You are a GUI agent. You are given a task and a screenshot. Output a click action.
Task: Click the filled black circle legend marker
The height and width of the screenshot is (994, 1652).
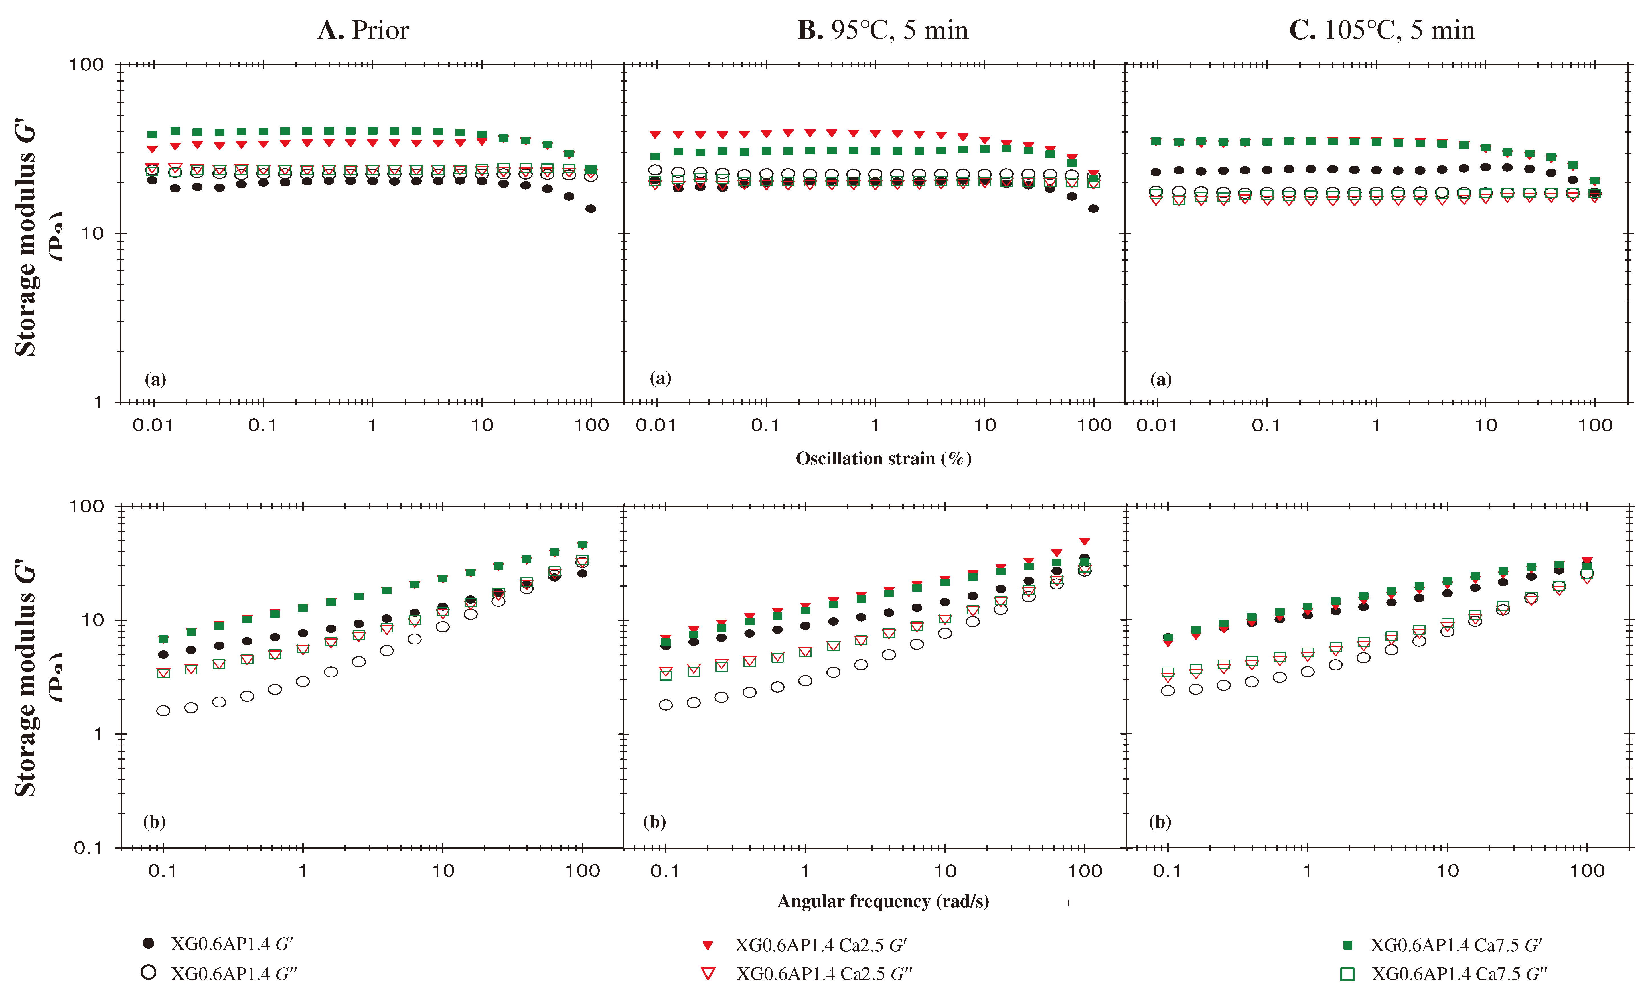click(149, 943)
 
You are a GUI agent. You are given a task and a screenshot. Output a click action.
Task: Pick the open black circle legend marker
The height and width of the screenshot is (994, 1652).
click(149, 972)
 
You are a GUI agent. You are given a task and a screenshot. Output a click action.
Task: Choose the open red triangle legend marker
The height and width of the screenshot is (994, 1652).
click(708, 973)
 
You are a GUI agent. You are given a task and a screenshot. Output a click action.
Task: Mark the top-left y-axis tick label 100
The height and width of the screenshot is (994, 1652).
click(87, 65)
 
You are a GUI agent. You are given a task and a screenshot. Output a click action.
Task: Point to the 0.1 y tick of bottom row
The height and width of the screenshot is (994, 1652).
click(88, 848)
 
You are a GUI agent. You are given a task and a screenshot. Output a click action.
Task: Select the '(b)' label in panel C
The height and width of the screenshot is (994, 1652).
click(1160, 822)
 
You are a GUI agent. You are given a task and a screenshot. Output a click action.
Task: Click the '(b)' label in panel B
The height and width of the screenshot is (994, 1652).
click(654, 822)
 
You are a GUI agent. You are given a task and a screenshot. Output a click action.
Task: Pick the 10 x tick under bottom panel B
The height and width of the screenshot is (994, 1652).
click(944, 871)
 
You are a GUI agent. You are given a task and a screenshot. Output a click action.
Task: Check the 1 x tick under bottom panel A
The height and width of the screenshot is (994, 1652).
click(303, 871)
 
